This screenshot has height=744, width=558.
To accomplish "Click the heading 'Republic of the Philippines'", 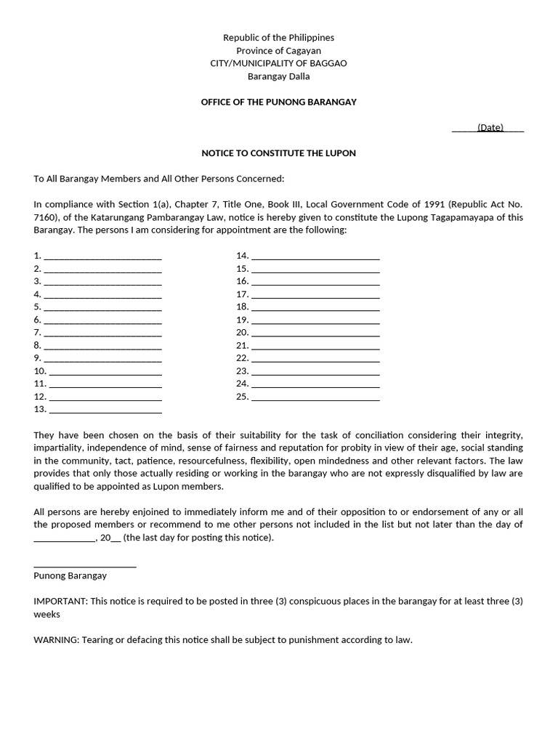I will click(x=278, y=37).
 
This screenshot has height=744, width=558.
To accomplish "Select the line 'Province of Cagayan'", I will click(x=278, y=50).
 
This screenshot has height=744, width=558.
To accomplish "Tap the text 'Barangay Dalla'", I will click(x=278, y=76).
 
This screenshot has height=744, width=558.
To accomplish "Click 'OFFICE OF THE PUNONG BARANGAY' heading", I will click(x=278, y=102).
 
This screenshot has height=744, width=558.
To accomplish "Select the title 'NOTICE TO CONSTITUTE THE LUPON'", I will click(x=278, y=153).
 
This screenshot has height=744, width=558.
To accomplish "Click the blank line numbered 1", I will click(x=102, y=256).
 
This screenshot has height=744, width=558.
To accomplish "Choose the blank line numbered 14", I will click(x=315, y=256).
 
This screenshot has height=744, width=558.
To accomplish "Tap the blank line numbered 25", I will click(x=315, y=397).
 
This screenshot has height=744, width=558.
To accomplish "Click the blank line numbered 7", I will click(x=102, y=333).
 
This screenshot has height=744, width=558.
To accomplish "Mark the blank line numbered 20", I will click(x=315, y=333).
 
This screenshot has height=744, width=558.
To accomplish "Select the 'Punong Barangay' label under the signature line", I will click(x=70, y=575).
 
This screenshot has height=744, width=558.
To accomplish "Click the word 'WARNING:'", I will click(x=57, y=640).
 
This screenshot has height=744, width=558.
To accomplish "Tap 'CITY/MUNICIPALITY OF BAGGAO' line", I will click(x=278, y=63).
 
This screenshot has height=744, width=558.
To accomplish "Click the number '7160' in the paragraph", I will click(x=46, y=217).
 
